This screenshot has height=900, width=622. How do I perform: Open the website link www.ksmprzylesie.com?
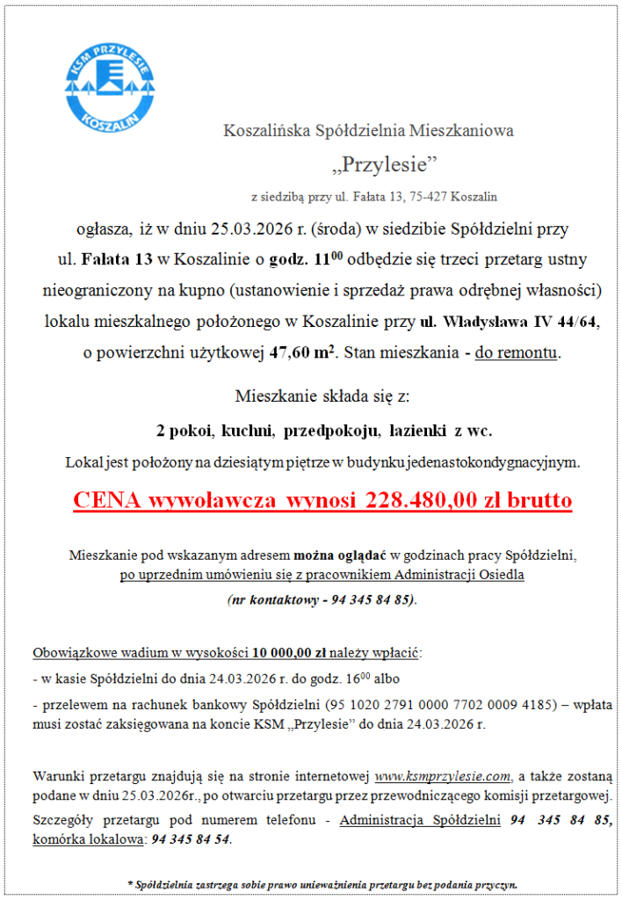443,776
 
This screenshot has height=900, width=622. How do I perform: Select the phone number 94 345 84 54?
192,839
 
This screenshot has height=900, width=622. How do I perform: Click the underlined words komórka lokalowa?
88,839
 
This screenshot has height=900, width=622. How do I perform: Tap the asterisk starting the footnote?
130,883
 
